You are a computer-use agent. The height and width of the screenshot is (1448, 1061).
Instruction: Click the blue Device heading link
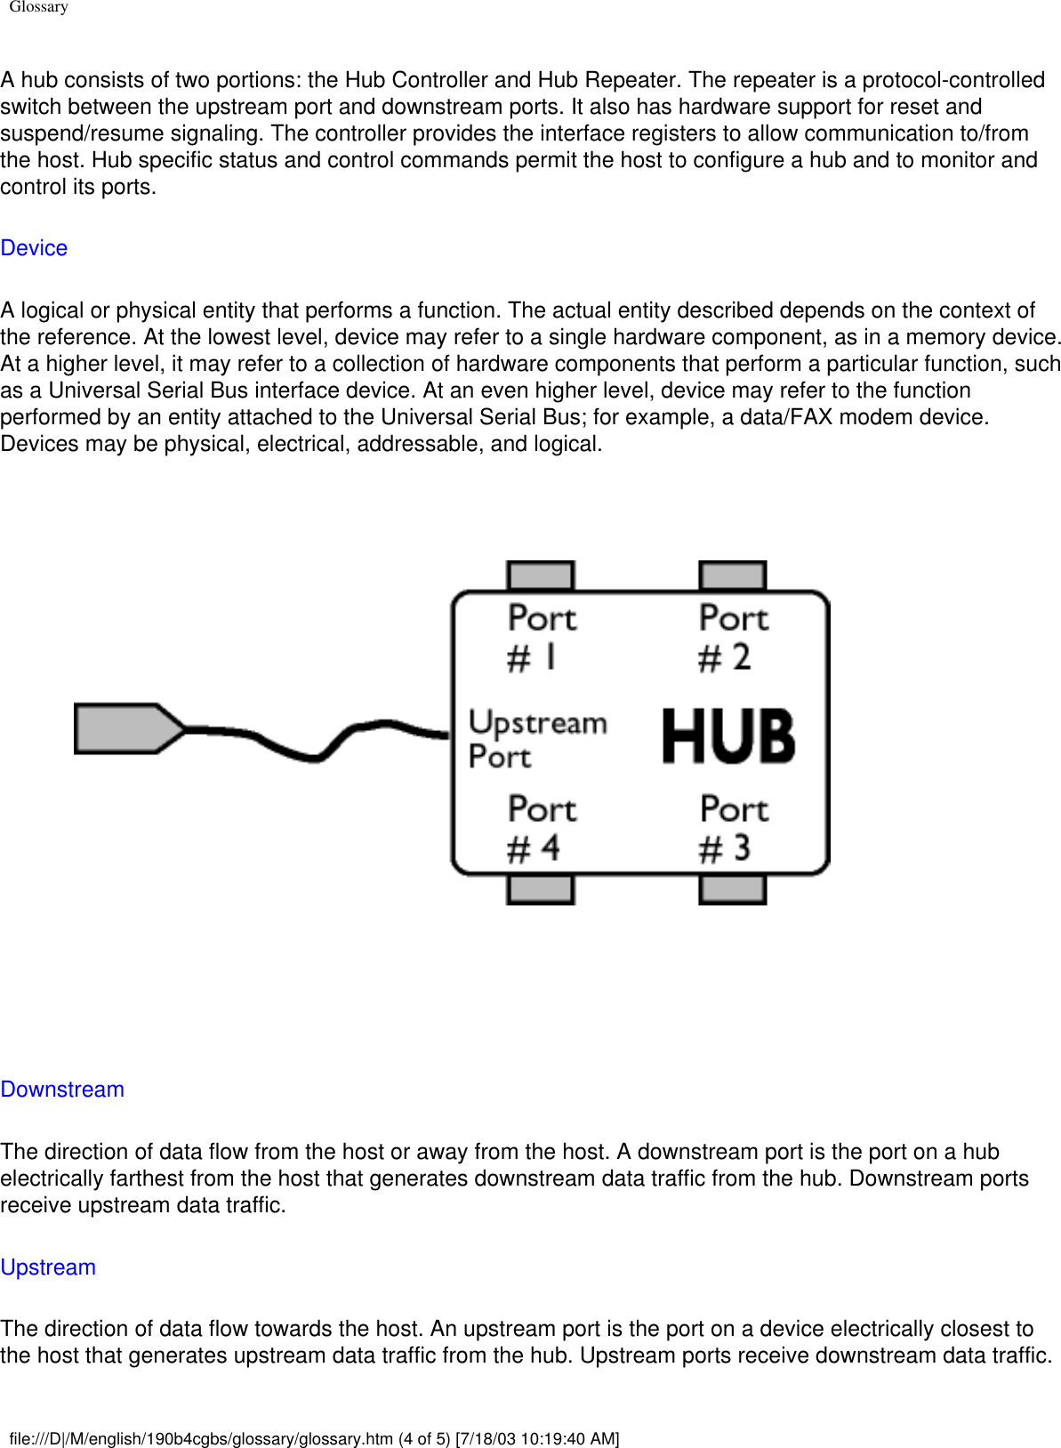(x=34, y=248)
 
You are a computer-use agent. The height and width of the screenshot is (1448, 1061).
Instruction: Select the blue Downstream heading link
(x=62, y=1090)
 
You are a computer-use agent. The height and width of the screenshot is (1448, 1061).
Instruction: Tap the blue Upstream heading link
(x=48, y=1267)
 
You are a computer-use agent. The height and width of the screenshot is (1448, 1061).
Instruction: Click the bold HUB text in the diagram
(x=728, y=736)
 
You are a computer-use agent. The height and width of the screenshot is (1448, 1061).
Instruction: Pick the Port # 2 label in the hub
(x=733, y=638)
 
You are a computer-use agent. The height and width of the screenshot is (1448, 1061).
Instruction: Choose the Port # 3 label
(x=733, y=828)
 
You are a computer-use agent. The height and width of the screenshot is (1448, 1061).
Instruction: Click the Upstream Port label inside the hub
(x=536, y=739)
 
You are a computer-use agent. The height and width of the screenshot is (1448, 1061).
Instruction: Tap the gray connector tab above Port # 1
(x=541, y=575)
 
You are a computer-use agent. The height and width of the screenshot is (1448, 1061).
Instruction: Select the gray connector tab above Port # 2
(x=733, y=575)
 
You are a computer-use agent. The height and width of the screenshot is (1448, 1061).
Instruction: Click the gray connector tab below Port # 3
(x=733, y=889)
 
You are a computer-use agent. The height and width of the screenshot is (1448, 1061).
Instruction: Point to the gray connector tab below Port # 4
(x=541, y=889)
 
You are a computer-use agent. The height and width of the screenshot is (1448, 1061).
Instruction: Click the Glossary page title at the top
(x=38, y=7)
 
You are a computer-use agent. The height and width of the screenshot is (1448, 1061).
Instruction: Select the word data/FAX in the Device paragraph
(x=791, y=417)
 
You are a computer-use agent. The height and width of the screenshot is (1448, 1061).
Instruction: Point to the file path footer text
(x=314, y=1438)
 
